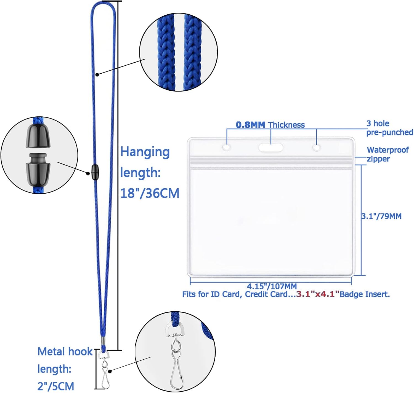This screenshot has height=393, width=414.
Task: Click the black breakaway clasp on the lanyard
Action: (95, 172)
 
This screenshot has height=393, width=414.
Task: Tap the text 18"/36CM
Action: (150, 193)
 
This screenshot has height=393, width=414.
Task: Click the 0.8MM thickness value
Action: (250, 125)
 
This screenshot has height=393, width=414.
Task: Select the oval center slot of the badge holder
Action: (270, 148)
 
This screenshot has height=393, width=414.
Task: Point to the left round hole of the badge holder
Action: (227, 148)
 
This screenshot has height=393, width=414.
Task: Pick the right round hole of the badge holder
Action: (317, 148)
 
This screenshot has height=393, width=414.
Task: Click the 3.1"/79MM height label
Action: (381, 216)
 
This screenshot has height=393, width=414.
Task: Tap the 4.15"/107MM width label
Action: (272, 286)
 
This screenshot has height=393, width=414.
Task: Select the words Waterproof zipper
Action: (387, 154)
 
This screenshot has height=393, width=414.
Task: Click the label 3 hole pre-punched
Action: (389, 128)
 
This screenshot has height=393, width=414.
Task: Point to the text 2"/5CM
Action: (56, 386)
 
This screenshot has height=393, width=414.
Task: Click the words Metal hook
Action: (65, 351)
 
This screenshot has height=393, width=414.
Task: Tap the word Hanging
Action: (145, 152)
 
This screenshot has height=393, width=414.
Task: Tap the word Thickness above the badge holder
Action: (286, 125)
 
